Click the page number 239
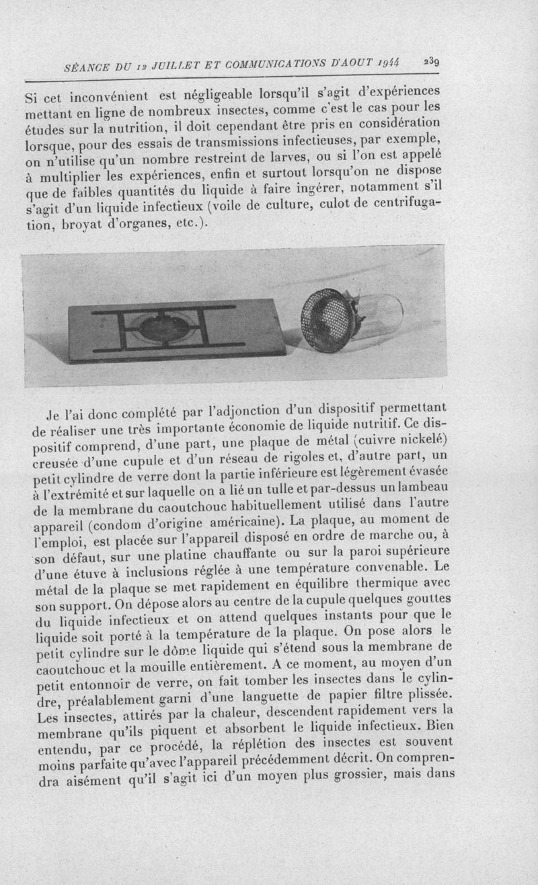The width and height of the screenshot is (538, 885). pyautogui.click(x=432, y=61)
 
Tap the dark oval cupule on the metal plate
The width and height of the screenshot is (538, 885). pyautogui.click(x=163, y=328)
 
